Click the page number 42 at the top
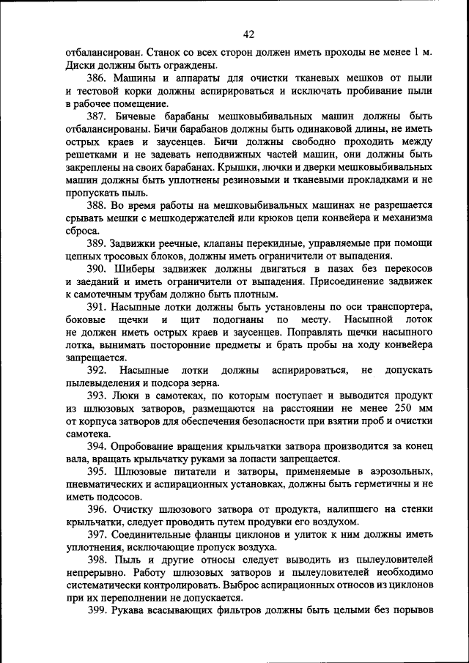(x=248, y=34)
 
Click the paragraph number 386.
(x=97, y=78)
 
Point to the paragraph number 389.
(x=97, y=243)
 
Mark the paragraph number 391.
(x=97, y=307)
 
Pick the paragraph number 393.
(x=97, y=396)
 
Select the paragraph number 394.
(x=97, y=446)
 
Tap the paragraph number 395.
(x=97, y=472)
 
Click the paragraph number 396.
(x=97, y=510)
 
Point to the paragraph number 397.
(x=97, y=536)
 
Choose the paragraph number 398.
(x=97, y=560)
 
